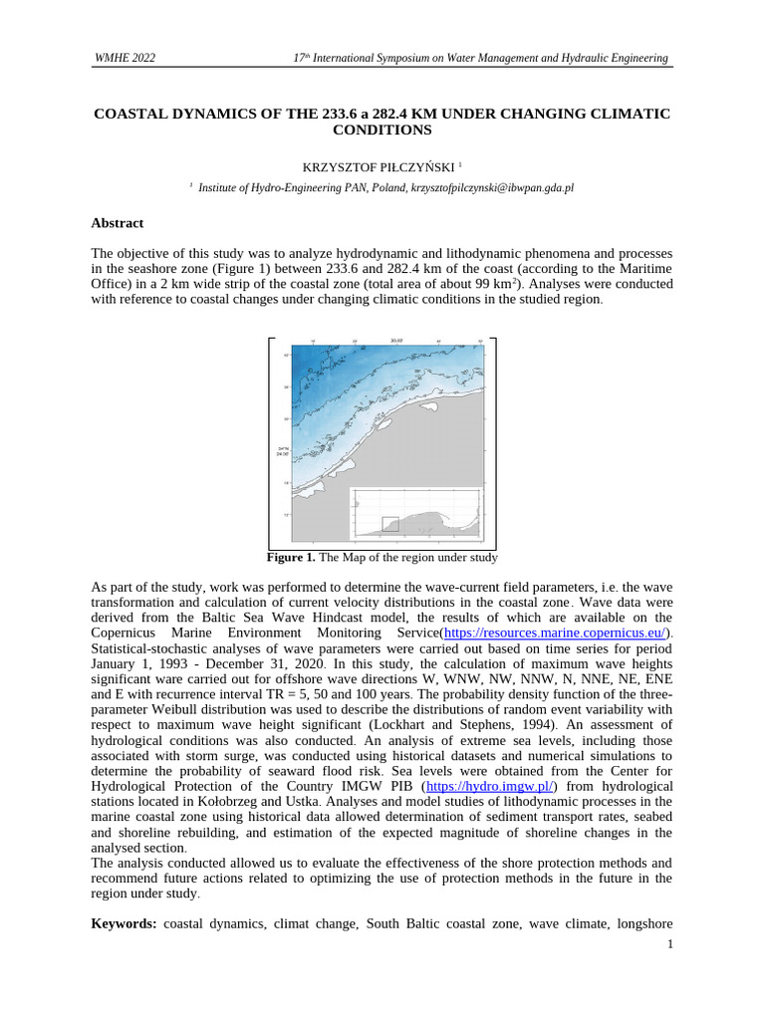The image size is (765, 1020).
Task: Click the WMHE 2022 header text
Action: (124, 59)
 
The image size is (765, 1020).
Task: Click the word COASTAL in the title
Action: (130, 114)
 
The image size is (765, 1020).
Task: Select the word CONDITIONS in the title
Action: (382, 130)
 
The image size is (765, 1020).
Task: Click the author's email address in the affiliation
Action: (492, 187)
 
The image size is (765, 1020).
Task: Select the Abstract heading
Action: (118, 223)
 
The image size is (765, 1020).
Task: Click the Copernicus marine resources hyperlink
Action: (555, 633)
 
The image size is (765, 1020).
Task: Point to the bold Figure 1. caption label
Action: (291, 558)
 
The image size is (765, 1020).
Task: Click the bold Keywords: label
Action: (125, 924)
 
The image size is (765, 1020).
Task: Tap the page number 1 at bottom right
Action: (670, 943)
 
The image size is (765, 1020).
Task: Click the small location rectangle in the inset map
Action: (390, 524)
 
